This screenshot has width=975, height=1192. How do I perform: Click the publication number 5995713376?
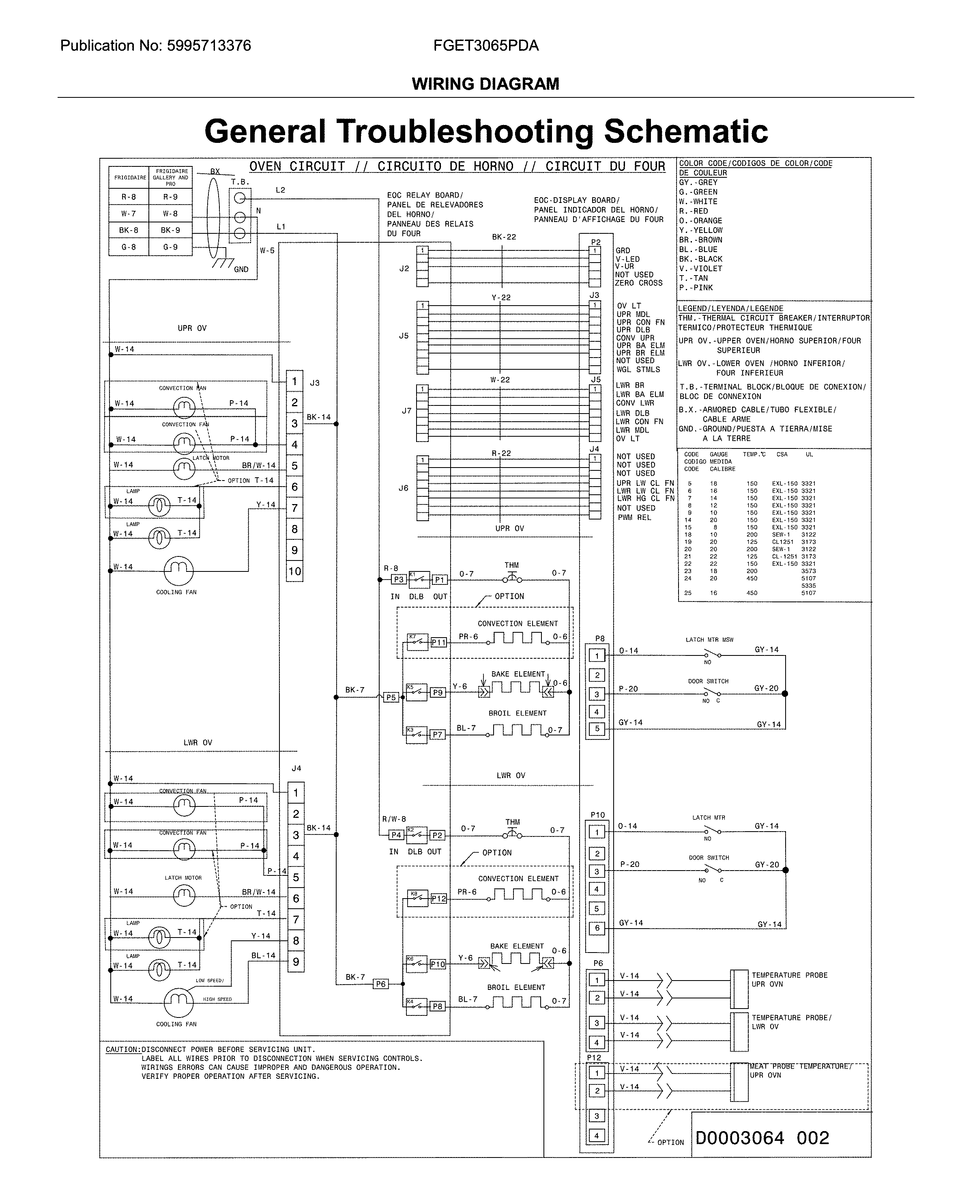pyautogui.click(x=209, y=45)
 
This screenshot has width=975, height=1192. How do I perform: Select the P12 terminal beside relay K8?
pyautogui.click(x=439, y=898)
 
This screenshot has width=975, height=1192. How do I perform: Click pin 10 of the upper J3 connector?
pyautogui.click(x=294, y=571)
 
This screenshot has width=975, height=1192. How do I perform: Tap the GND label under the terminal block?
pyautogui.click(x=241, y=269)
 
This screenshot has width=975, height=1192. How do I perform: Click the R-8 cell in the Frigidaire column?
pyautogui.click(x=129, y=197)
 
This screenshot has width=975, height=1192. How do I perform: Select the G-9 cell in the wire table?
pyautogui.click(x=170, y=247)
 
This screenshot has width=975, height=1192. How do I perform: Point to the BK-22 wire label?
pyautogui.click(x=504, y=237)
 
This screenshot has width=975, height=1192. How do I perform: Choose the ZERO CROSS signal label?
pyautogui.click(x=639, y=283)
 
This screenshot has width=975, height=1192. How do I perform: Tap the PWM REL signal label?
pyautogui.click(x=634, y=517)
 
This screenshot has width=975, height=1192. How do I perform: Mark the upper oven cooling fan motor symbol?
pyautogui.click(x=178, y=571)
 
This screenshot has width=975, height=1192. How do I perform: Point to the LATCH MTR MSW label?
pyautogui.click(x=709, y=640)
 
